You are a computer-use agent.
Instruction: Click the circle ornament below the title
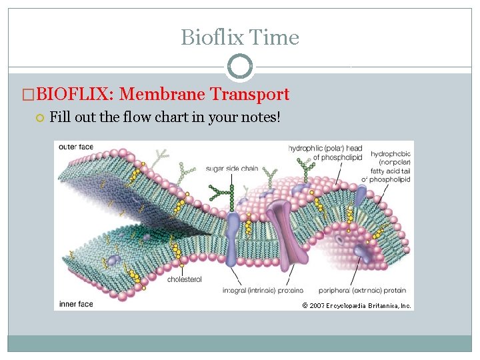coord(240,67)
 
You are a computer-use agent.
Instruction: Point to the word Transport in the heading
coord(250,95)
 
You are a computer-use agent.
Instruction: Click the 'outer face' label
coord(76,147)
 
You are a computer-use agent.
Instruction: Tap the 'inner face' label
coord(76,304)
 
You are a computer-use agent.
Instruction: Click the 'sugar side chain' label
coord(233,169)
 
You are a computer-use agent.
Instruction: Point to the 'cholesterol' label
coord(184,279)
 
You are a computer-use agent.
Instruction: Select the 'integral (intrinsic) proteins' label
coord(263,291)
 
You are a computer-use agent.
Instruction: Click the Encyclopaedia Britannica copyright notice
coord(357,305)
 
